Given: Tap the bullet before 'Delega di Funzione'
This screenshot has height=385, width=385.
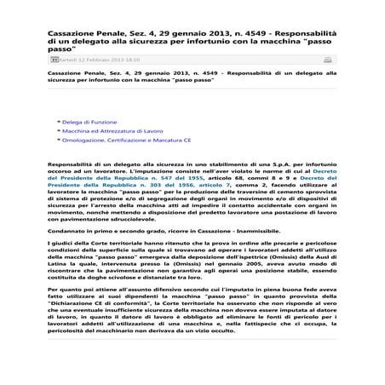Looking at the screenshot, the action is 58,122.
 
